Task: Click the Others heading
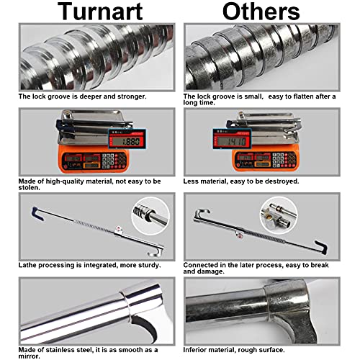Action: [x=261, y=12]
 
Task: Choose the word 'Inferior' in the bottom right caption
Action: [x=197, y=349]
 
